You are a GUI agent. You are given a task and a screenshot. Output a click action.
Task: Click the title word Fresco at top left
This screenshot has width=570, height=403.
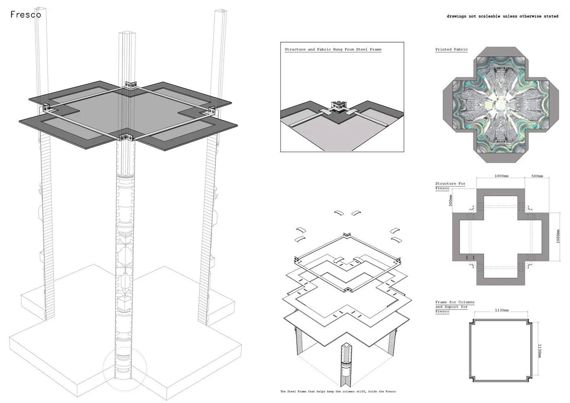tap(26, 15)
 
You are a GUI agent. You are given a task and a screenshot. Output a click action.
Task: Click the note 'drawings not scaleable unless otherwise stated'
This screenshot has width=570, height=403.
tap(503, 16)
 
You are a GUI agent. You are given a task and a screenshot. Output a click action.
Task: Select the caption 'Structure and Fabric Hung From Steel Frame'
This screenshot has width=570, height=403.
tap(333, 49)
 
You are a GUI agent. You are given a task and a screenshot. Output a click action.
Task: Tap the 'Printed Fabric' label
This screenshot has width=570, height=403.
tap(451, 49)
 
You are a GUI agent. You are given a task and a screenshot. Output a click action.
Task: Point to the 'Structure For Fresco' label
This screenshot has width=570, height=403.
tap(450, 186)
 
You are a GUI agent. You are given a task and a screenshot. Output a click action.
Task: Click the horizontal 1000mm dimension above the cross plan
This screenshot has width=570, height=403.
tap(501, 176)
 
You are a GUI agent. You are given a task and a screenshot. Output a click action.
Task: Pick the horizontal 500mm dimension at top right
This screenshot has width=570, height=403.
tap(537, 176)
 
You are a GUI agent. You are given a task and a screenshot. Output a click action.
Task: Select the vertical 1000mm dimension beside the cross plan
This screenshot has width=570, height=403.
tap(558, 236)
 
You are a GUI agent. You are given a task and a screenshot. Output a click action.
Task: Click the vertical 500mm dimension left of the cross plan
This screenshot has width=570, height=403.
tap(451, 200)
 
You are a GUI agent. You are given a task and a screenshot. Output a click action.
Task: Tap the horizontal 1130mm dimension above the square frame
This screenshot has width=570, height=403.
tap(502, 310)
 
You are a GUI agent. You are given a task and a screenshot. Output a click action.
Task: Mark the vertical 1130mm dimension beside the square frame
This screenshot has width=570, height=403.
tap(539, 351)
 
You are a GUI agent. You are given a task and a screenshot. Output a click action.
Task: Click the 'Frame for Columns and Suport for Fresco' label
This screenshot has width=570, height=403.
tap(455, 307)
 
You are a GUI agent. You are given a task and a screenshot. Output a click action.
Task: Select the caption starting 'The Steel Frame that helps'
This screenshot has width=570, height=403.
tap(338, 391)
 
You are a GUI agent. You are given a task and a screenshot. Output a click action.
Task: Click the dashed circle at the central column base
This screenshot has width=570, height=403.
tap(125, 369)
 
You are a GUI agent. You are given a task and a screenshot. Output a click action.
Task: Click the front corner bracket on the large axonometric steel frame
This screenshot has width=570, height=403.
tap(125, 137)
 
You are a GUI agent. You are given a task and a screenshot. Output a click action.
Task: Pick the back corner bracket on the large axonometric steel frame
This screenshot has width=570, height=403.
tap(131, 85)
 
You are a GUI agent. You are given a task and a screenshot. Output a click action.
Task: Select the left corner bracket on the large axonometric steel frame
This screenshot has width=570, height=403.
tap(47, 109)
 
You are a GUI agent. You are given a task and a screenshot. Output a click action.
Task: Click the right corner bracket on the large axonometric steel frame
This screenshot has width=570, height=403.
tap(212, 111)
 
